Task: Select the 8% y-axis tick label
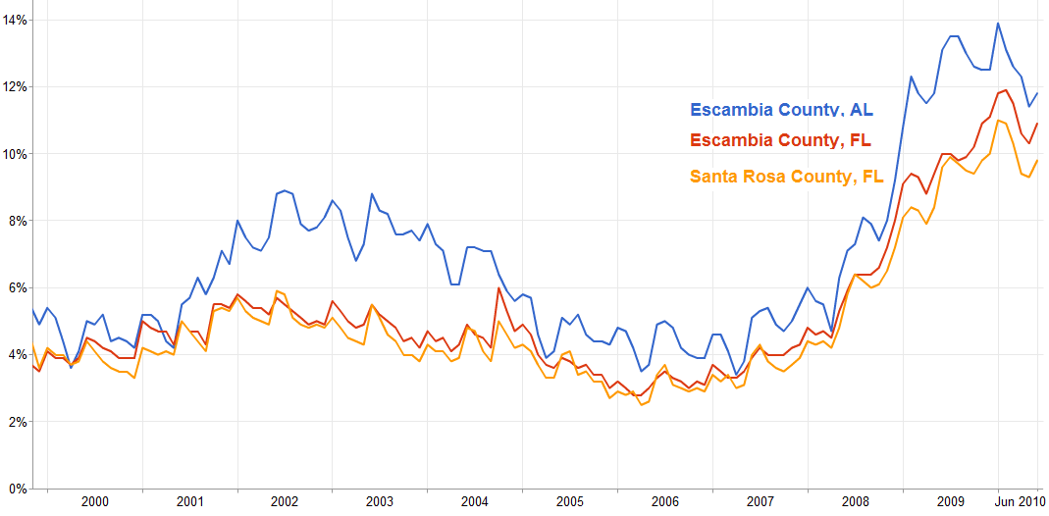[17, 221]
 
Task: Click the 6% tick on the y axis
[17, 287]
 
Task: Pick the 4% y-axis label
[17, 354]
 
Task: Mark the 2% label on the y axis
[17, 422]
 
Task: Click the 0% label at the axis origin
[17, 489]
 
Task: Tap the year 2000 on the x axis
[95, 501]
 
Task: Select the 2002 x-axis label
[285, 501]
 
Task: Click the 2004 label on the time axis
[475, 501]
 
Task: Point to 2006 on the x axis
[665, 501]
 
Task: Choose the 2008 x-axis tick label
[856, 501]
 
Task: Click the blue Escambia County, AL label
[781, 110]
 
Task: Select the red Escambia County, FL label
[781, 140]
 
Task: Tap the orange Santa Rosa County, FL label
[787, 178]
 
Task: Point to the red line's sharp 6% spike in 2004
[499, 288]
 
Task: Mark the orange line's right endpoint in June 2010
[1038, 161]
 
